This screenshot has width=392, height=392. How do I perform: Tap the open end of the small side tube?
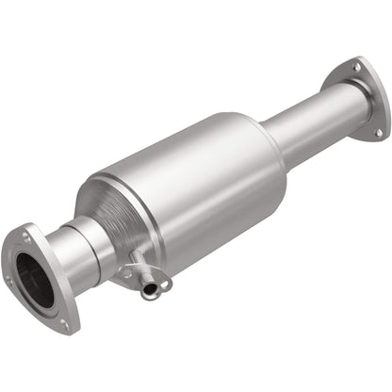(150, 292)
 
